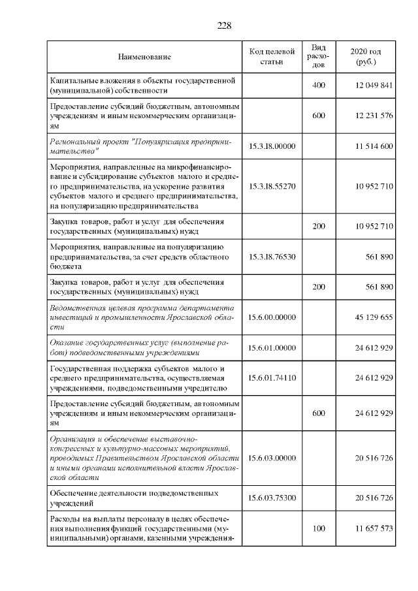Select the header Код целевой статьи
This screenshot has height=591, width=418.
coord(272,57)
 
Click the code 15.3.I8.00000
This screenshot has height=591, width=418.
coord(272,145)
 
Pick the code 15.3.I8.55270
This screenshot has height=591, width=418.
coord(272,186)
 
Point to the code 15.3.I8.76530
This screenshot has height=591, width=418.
coord(272,257)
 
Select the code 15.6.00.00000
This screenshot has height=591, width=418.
coord(272,317)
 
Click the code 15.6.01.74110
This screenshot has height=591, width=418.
coord(272,378)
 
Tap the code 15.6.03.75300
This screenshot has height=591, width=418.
coord(272,498)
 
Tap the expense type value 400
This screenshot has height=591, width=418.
coord(319,86)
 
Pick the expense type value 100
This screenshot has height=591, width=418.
coord(319,528)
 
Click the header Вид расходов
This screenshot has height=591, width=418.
coord(319,57)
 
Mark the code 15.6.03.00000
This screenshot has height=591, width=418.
coord(272,458)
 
